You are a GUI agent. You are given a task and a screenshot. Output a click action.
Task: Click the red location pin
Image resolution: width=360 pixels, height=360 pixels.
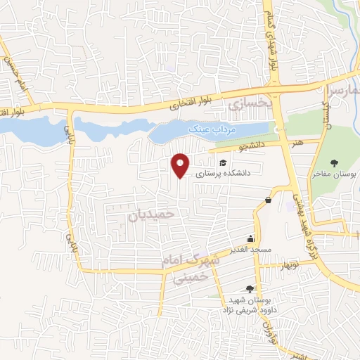tap(181, 165)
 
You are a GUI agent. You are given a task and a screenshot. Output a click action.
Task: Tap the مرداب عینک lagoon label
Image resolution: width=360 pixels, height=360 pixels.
tap(218, 130)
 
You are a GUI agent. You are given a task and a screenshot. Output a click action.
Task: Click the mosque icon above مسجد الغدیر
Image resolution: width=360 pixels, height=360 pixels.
tap(250, 238)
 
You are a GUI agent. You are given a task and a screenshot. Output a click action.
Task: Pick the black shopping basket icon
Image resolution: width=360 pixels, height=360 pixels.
tap(269, 201)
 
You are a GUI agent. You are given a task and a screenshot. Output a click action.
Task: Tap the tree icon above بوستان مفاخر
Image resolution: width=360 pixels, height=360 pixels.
tap(334, 163)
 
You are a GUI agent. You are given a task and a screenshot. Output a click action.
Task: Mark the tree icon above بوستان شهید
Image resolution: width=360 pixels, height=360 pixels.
tap(250, 288)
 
